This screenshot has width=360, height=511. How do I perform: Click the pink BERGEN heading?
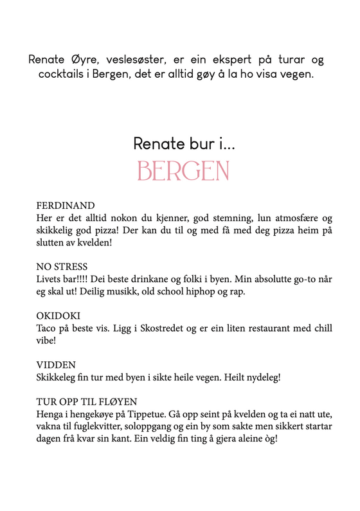click(183, 170)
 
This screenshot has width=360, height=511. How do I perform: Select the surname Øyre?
click(93, 60)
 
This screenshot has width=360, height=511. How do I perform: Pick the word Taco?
click(47, 328)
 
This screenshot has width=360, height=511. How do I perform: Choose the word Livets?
click(50, 278)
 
